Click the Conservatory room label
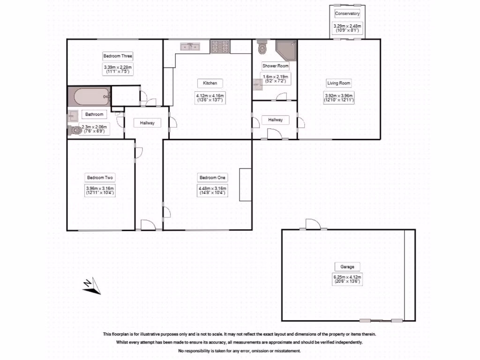coord(347,14)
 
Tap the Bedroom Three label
coord(114,56)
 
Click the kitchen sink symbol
coord(190,46)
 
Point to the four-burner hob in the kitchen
coord(220,46)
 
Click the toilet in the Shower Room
coord(262,47)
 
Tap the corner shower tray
coord(286,50)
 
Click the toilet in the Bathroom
coord(75,130)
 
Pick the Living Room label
coord(338,83)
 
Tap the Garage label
coord(347,267)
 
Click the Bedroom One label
coord(212,178)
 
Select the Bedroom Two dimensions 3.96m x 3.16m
coord(100,190)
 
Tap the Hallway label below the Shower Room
coord(275,120)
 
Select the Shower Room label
coord(275,66)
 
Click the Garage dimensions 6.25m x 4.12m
coord(347,280)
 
